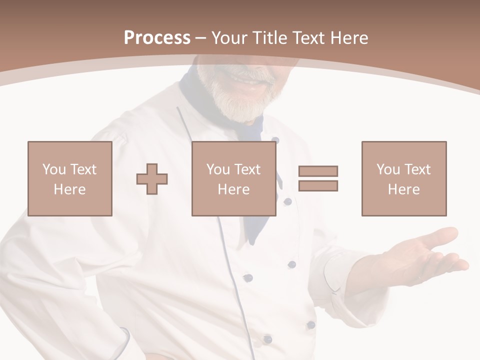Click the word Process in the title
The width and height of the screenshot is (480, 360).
tap(157, 38)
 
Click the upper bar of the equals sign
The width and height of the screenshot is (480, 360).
tap(318, 171)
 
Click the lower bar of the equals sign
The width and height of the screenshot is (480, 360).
tap(318, 186)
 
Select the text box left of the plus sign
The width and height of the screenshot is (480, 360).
tap(69, 178)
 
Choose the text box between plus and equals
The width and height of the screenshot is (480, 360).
tap(233, 178)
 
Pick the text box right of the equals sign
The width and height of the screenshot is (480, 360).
tap(403, 178)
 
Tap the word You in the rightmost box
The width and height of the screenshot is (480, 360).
tap(388, 169)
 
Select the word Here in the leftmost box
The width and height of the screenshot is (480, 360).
tap(69, 189)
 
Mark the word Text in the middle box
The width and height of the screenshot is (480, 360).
tap(247, 169)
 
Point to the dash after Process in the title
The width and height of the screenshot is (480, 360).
tap(200, 38)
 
